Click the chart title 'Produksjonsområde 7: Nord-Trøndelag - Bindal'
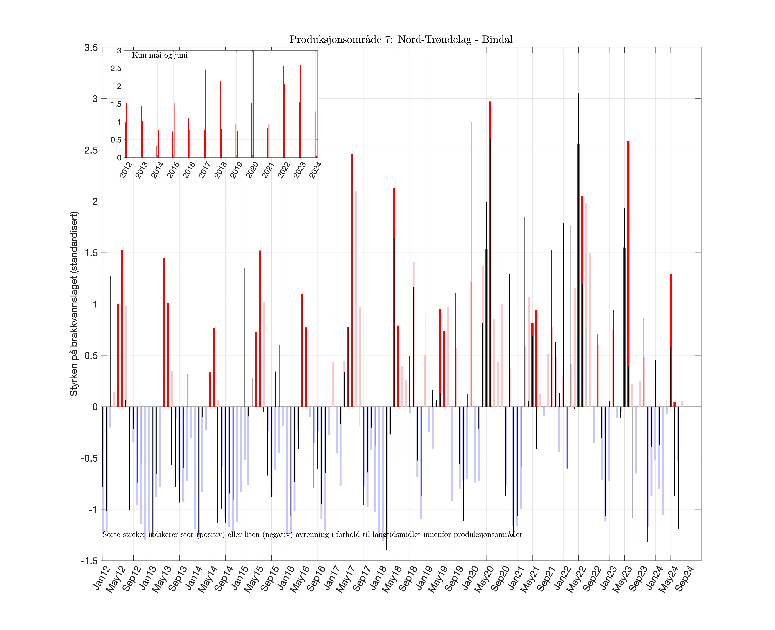[x=401, y=40]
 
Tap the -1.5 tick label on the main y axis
[x=89, y=561]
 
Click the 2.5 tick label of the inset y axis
[x=116, y=69]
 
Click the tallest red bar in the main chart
[x=490, y=254]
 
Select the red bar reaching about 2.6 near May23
[x=628, y=274]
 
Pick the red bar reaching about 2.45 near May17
[x=352, y=280]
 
